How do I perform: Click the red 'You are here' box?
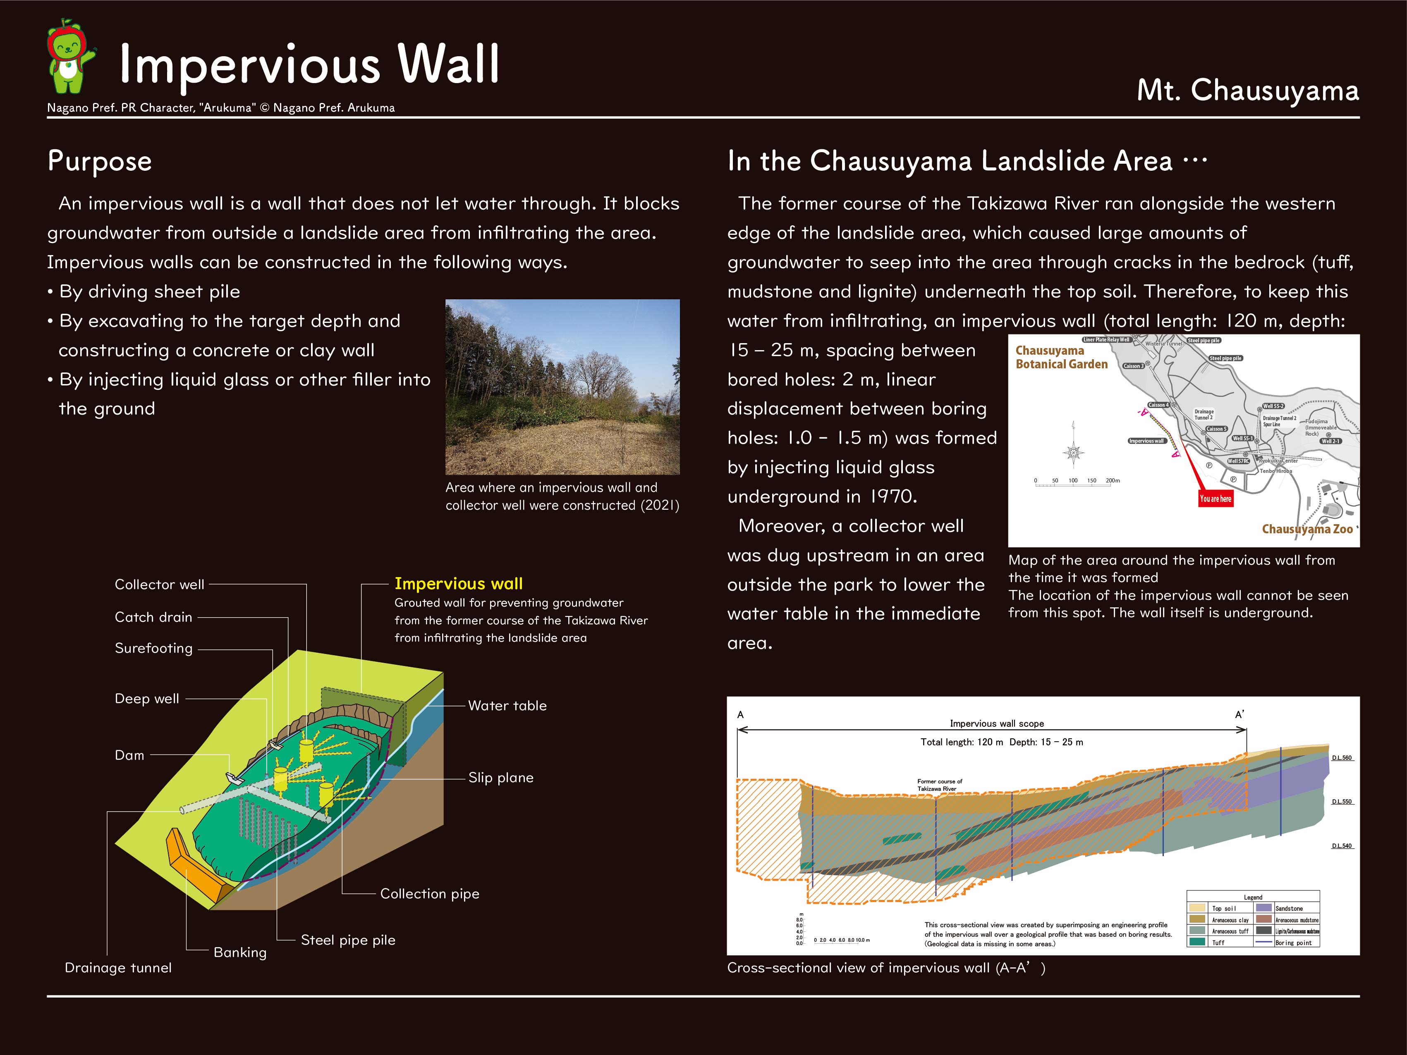tap(1215, 499)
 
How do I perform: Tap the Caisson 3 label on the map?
tap(1134, 366)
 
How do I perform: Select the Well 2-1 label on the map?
tap(1330, 441)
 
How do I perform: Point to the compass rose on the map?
tap(1074, 452)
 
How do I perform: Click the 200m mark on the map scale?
tap(1113, 481)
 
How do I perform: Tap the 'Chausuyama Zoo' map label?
tap(1307, 529)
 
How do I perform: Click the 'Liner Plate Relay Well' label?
tap(1106, 339)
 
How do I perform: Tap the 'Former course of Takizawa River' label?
tap(940, 785)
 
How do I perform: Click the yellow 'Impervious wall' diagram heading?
tap(459, 583)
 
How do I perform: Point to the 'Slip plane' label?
tap(500, 778)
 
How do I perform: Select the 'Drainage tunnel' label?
tap(118, 968)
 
